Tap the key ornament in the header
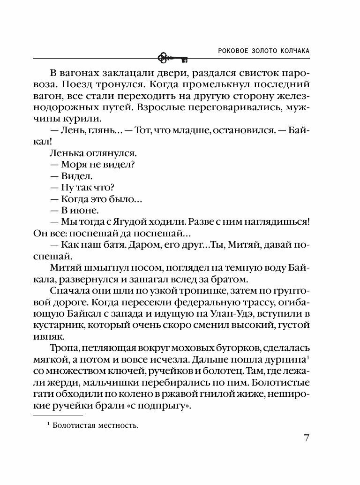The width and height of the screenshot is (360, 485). click(172, 58)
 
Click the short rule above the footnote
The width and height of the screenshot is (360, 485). click(58, 416)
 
